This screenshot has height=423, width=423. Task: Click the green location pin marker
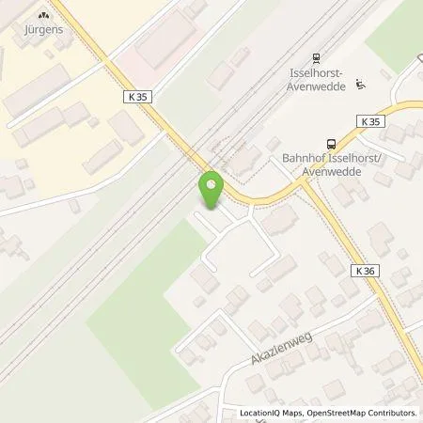(x=211, y=190)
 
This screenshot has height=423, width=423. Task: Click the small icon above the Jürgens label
(x=42, y=14)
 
